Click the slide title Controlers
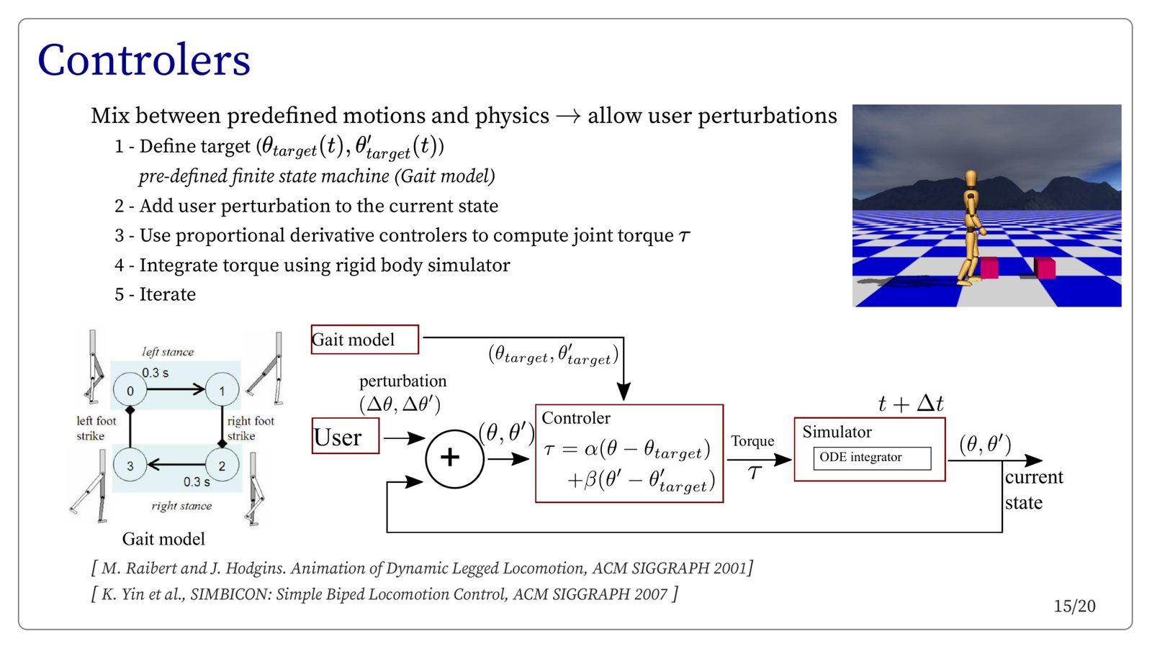tap(144, 60)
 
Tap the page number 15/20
tap(1074, 607)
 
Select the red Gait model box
tap(364, 340)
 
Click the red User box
tap(345, 437)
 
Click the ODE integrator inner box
tap(872, 458)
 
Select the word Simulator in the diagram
tap(837, 432)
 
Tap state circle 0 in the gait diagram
tap(130, 391)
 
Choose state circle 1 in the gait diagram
tap(222, 391)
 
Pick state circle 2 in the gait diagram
tap(222, 466)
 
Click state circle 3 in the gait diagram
tap(130, 466)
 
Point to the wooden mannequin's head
tap(971, 178)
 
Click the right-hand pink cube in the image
tap(1045, 268)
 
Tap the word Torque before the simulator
tap(752, 441)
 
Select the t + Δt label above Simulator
tap(911, 404)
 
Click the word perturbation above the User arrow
tap(402, 381)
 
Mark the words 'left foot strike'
tap(96, 428)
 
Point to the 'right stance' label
tap(181, 506)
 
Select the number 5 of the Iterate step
tap(120, 295)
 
